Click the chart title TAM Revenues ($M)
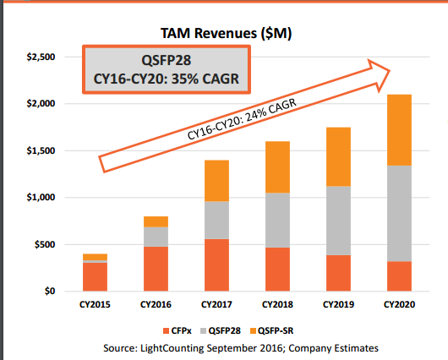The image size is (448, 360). click(226, 34)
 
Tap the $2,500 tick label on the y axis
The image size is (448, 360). click(41, 57)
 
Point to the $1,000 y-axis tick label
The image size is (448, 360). click(41, 197)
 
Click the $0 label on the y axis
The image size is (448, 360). click(50, 291)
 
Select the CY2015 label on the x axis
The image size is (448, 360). click(95, 304)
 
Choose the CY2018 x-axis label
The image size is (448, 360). click(277, 304)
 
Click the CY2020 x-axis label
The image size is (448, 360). click(399, 304)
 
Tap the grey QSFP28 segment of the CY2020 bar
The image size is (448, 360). click(399, 214)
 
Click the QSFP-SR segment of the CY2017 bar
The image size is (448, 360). click(216, 181)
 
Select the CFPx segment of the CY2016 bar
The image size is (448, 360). click(156, 269)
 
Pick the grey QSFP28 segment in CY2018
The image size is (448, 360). click(277, 220)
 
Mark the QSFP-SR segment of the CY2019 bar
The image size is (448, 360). click(338, 156)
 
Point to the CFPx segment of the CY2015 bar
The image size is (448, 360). click(95, 277)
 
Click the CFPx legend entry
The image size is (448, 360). click(178, 331)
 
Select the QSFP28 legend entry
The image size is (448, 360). click(221, 331)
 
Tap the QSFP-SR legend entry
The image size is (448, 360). click(271, 331)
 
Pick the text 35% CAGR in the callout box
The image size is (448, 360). click(205, 79)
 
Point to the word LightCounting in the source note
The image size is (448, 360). click(172, 348)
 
